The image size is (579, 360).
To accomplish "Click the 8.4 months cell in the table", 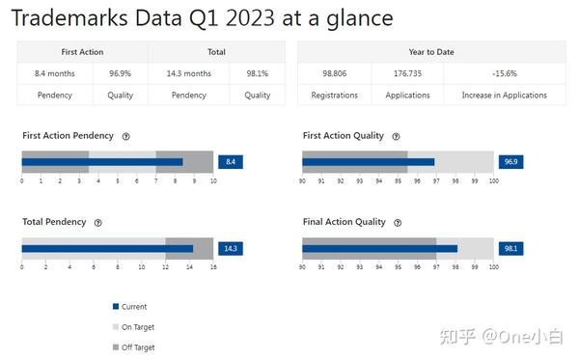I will pos(55,73).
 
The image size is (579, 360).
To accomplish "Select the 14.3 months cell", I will pos(189,73).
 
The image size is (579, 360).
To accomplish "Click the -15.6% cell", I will pos(505,73).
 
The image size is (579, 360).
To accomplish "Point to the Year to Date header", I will pos(431,52).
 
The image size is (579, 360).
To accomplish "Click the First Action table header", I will pos(84,52).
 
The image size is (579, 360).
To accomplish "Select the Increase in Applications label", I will pos(505,96).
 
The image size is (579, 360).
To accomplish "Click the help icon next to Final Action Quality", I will pos(396,223).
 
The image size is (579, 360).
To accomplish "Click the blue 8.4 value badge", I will pos(231,162).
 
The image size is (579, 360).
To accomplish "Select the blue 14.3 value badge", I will pos(231,248).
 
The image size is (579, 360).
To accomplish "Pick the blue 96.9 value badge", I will pos(510,162).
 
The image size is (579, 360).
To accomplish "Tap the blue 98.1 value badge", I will pos(510,248).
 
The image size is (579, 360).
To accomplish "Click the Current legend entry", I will pos(133,307).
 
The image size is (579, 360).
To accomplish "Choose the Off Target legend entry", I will pos(137,347).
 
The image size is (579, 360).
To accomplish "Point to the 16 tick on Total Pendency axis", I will pos(213,266).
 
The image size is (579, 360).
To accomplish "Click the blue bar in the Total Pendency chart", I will pos(106,248).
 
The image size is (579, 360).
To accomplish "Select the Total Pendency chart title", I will pos(54,222).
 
